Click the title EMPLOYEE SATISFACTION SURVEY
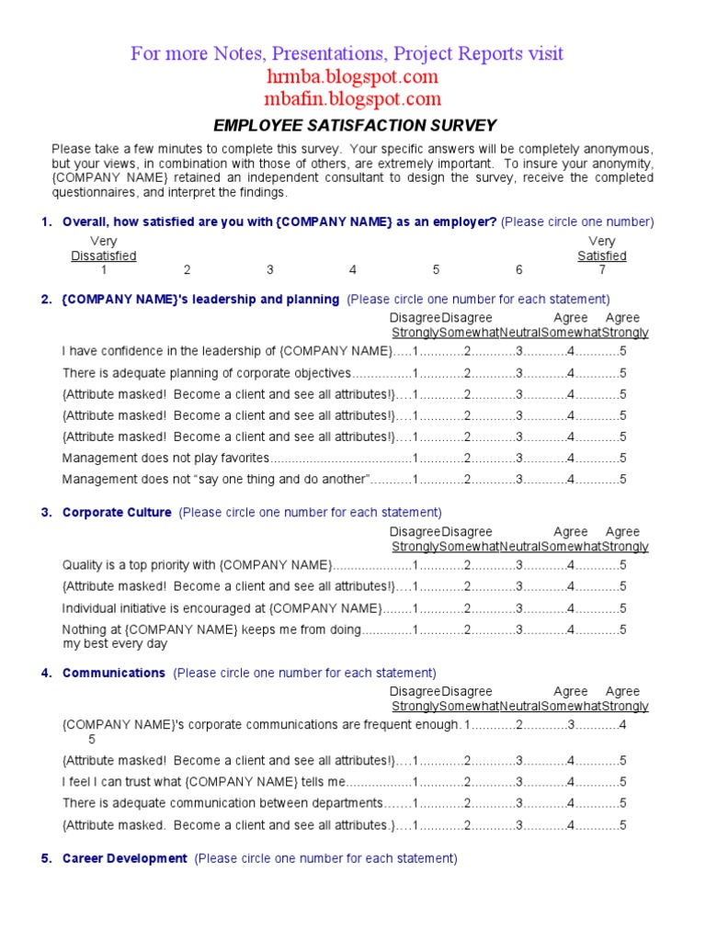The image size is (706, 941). (355, 126)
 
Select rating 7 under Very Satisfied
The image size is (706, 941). (602, 270)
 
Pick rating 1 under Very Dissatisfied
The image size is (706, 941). (104, 270)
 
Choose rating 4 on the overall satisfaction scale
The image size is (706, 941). (353, 270)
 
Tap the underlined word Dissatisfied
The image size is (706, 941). (104, 256)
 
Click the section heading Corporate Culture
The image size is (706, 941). (117, 513)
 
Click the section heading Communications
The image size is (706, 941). (114, 674)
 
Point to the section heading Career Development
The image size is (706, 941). (125, 859)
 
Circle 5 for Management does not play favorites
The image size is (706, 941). (623, 458)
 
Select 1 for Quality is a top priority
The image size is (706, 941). (416, 564)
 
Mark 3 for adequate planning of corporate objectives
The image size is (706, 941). (519, 373)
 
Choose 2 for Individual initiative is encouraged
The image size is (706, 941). (467, 608)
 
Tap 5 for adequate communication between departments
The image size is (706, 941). (623, 803)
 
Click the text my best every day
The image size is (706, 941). (115, 643)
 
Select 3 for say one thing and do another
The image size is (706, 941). (519, 479)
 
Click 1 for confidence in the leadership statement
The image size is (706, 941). (416, 351)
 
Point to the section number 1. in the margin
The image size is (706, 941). (47, 222)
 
